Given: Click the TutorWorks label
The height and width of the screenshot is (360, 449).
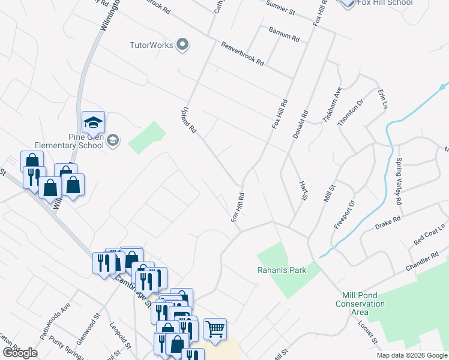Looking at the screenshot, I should pos(151,45).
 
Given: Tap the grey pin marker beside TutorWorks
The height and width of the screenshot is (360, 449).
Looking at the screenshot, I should pos(184,45).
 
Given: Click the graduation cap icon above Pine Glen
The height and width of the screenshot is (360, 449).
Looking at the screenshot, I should pos(93,123).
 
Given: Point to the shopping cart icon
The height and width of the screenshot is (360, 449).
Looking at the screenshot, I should pos(215,329).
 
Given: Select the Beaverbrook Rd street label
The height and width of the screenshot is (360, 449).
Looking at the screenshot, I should pos(243,53).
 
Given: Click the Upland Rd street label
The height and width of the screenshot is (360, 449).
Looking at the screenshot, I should pos(189,120).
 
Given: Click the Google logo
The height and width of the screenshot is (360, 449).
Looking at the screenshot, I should pos(20,353).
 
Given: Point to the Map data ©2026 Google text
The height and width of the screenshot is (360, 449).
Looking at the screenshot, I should pos(411,356).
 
